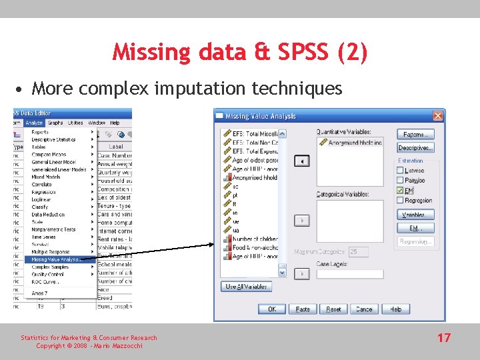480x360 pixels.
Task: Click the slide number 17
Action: click(444, 338)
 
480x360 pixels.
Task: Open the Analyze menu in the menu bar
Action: click(33, 123)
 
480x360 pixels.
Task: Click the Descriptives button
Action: click(415, 147)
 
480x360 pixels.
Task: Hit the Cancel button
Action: click(364, 309)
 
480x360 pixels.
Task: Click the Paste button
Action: click(303, 309)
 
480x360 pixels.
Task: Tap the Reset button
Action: click(333, 309)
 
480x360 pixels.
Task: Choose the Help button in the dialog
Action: click(395, 309)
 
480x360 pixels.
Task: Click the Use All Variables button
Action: click(246, 287)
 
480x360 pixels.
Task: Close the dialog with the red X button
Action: click(438, 116)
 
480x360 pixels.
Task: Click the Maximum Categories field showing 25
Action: click(358, 252)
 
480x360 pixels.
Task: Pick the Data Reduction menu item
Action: click(48, 215)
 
